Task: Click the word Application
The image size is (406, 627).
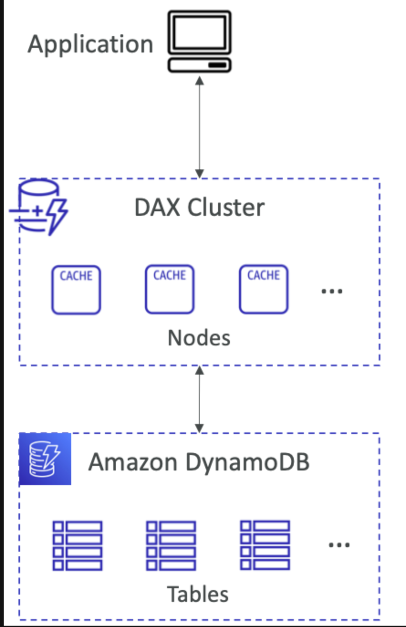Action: point(90,45)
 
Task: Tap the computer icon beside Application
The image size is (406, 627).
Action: point(199,42)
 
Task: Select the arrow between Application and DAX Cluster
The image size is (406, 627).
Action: point(199,127)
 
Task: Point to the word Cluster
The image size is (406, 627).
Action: point(226,208)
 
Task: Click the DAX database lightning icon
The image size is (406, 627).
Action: point(39,208)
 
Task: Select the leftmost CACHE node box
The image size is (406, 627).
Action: point(76,290)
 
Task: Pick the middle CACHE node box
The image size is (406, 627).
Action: point(170,290)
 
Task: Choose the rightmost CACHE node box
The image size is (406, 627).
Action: point(264,290)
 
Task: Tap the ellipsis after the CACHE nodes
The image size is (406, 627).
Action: point(332,291)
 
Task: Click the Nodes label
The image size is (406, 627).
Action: point(199,338)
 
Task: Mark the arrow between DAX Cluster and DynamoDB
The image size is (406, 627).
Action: point(199,399)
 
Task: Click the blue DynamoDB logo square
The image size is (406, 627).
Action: point(45,459)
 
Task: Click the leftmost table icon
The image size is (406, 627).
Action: point(78,546)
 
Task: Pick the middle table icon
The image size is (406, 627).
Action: point(171,546)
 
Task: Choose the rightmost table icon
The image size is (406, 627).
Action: point(265,545)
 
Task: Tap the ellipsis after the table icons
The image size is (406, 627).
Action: point(339,544)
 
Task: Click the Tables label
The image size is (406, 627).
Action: point(198,594)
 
